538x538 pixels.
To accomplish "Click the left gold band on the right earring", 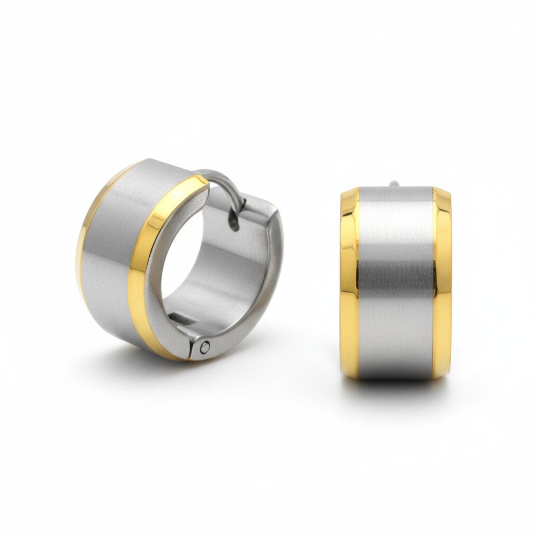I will click(x=349, y=284).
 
